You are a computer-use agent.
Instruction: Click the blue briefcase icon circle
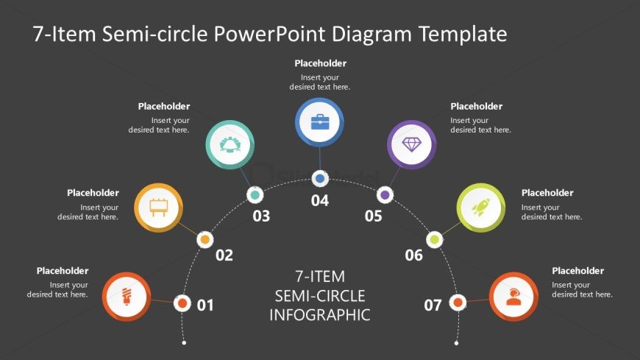click(320, 122)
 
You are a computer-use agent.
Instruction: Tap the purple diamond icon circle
click(412, 145)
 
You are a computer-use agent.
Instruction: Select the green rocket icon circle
click(481, 208)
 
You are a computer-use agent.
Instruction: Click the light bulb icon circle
click(127, 297)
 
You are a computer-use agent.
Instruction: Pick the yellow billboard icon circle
click(159, 207)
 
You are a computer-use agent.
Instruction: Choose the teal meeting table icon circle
click(230, 145)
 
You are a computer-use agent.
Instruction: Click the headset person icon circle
click(513, 297)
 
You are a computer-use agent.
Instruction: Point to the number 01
click(205, 305)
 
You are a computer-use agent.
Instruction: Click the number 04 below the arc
click(320, 201)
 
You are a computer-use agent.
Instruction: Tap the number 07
click(433, 305)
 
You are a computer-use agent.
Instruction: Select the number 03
click(261, 216)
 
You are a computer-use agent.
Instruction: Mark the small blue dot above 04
click(320, 178)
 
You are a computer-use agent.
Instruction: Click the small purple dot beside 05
click(385, 195)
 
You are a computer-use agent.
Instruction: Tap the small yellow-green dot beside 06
click(435, 239)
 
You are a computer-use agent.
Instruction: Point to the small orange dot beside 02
click(205, 239)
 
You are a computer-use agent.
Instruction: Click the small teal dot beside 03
click(255, 195)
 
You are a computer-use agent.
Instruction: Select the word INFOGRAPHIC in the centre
click(320, 315)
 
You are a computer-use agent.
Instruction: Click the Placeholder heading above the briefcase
click(320, 63)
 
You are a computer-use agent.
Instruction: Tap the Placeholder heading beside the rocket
click(547, 193)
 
